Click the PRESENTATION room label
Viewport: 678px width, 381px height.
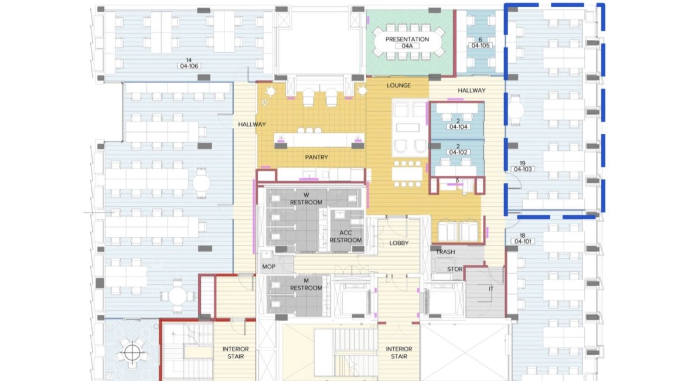pos(407,39)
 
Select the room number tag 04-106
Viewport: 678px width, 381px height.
pos(189,66)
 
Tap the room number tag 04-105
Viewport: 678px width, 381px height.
pos(480,45)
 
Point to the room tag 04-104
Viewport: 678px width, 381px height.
pos(458,127)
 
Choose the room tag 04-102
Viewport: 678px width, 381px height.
pos(458,152)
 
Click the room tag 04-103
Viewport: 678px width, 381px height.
pos(523,169)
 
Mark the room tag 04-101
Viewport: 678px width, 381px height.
pos(523,241)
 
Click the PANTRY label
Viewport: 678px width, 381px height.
pos(316,158)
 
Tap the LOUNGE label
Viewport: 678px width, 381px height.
pos(398,86)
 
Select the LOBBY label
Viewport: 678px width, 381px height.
pos(398,243)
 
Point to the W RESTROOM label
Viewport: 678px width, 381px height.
pos(306,199)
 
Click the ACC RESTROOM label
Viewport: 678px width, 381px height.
pos(346,237)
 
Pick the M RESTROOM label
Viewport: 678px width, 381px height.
pos(306,284)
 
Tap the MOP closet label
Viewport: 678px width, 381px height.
pos(268,267)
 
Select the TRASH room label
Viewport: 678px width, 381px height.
pos(445,251)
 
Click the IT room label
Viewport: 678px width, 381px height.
pos(490,289)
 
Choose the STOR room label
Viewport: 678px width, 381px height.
pos(455,269)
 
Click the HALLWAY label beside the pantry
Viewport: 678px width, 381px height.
pos(251,124)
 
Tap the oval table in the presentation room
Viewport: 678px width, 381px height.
pos(407,42)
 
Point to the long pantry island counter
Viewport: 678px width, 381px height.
pos(319,140)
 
